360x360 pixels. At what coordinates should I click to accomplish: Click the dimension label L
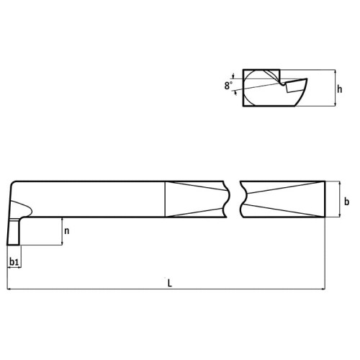click(170, 283)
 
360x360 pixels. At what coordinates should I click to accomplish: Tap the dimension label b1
click(14, 261)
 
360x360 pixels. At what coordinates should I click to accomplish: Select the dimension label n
click(67, 231)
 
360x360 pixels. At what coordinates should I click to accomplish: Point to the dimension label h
click(339, 89)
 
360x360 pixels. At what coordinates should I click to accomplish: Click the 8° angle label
click(228, 86)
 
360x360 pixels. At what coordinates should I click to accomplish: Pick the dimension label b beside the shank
click(346, 202)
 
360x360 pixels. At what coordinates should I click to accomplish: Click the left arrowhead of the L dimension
click(9, 289)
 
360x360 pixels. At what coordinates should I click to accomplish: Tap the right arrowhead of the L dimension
click(323, 289)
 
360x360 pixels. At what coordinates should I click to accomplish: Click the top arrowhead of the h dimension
click(336, 71)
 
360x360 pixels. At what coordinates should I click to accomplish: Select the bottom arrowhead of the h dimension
click(336, 104)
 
